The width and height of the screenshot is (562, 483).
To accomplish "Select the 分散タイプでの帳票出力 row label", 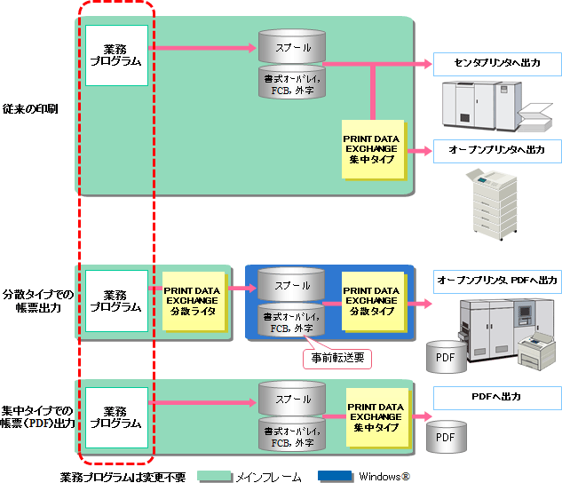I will point(36,300).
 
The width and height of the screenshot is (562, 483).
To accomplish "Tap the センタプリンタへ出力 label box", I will point(496,63).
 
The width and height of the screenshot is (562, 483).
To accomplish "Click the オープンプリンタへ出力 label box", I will point(496,150).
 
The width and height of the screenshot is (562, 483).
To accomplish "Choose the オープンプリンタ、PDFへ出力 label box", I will point(496,280).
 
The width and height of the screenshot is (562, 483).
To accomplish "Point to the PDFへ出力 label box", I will point(496,396).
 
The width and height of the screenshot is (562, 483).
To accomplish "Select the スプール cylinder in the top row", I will point(291,45).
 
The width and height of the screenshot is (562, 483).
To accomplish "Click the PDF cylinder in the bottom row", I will point(445,435).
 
